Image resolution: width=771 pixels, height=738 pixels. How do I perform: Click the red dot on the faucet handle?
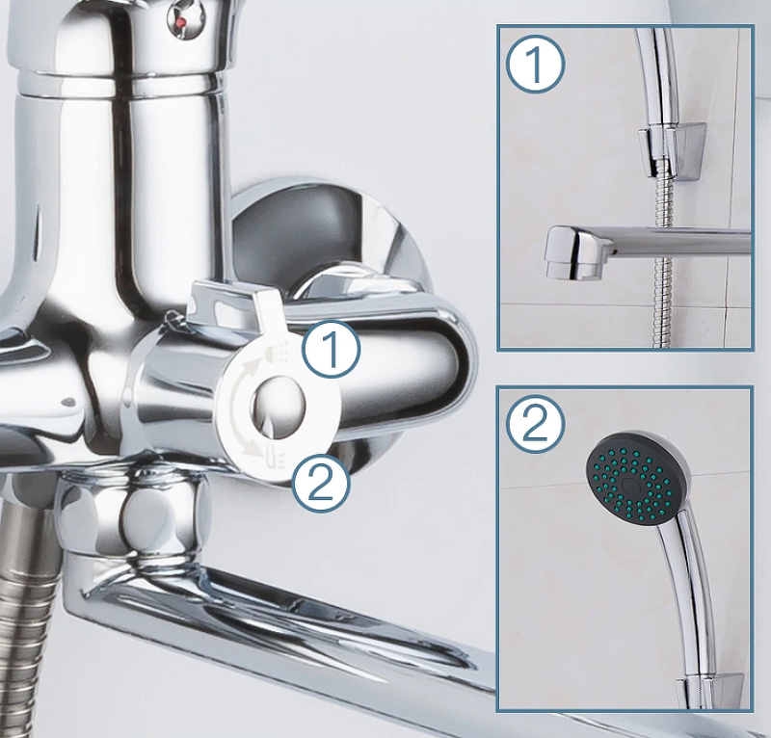[x=181, y=21]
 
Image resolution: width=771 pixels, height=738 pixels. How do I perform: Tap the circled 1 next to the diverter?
[x=331, y=349]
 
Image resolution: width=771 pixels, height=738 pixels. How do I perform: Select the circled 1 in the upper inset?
[x=536, y=65]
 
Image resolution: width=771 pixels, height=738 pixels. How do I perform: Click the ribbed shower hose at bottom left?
[x=26, y=619]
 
